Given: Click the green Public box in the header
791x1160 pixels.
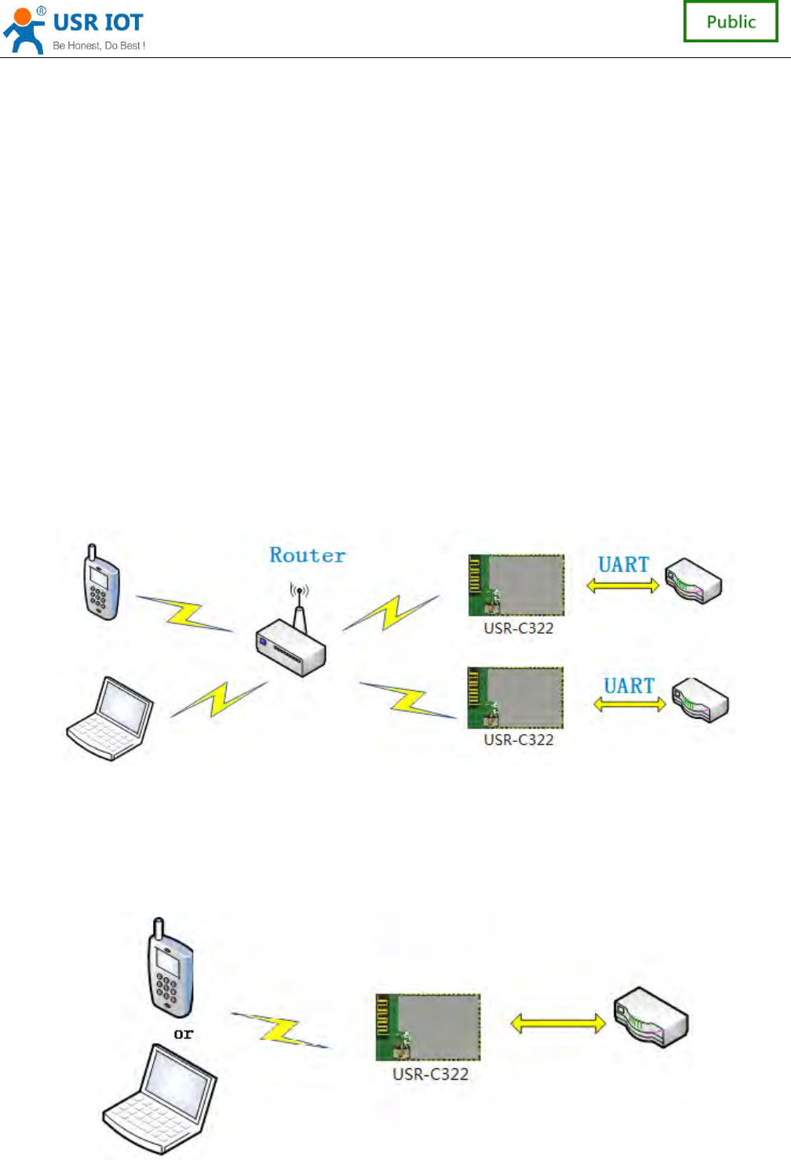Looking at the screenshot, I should point(731,21).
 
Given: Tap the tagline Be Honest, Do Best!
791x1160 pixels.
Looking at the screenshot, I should point(99,45).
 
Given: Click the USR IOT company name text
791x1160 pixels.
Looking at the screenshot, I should point(98,23).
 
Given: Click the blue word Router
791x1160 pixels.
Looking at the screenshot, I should point(308,555).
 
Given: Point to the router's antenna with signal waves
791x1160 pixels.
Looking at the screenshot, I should point(299,601).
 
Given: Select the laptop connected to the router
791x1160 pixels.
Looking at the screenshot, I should point(110,718).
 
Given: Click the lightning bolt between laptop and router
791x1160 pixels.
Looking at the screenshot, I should point(219,698).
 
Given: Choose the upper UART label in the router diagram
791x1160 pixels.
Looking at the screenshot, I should point(624,565).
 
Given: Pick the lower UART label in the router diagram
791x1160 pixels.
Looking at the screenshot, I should point(629,685).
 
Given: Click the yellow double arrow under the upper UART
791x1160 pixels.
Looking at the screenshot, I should point(623,585).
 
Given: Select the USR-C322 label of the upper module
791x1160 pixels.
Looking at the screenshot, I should point(519,628).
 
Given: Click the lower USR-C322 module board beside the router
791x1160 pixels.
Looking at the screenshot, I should point(516,698).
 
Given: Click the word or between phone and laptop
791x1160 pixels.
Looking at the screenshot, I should point(183,1034).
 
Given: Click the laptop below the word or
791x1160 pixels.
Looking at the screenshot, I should point(160,1099).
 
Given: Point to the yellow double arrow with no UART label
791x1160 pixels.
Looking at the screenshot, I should point(558,1023).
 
